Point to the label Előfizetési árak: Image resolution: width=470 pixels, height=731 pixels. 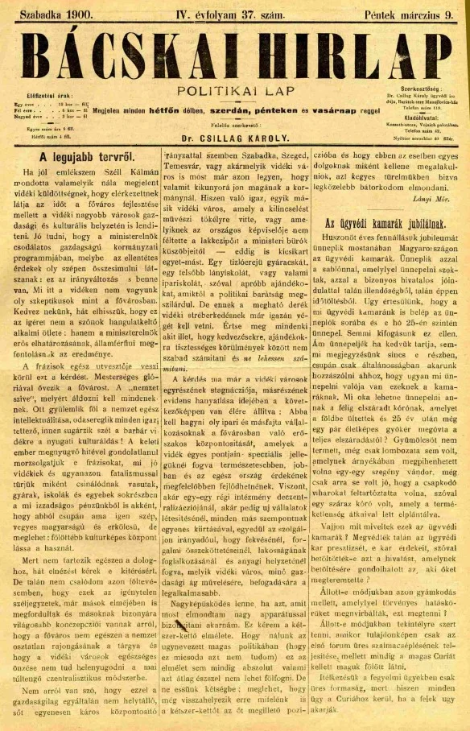tap(48, 96)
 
